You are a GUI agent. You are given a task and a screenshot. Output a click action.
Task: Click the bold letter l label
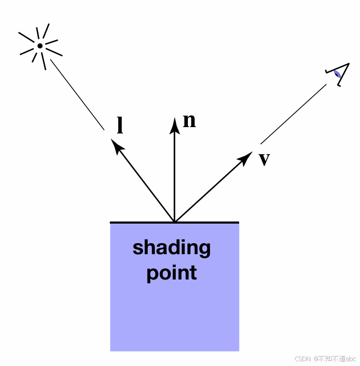click(x=120, y=126)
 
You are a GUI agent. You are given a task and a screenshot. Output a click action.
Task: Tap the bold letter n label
click(x=189, y=121)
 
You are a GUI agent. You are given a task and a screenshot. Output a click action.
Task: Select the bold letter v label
click(x=264, y=159)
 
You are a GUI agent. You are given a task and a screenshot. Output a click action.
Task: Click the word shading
click(x=172, y=248)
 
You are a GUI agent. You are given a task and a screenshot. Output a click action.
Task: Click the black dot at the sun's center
click(x=40, y=46)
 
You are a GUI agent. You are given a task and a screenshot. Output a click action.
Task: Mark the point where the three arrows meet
click(x=174, y=221)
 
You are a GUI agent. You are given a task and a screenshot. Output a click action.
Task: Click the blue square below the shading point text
click(x=174, y=316)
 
